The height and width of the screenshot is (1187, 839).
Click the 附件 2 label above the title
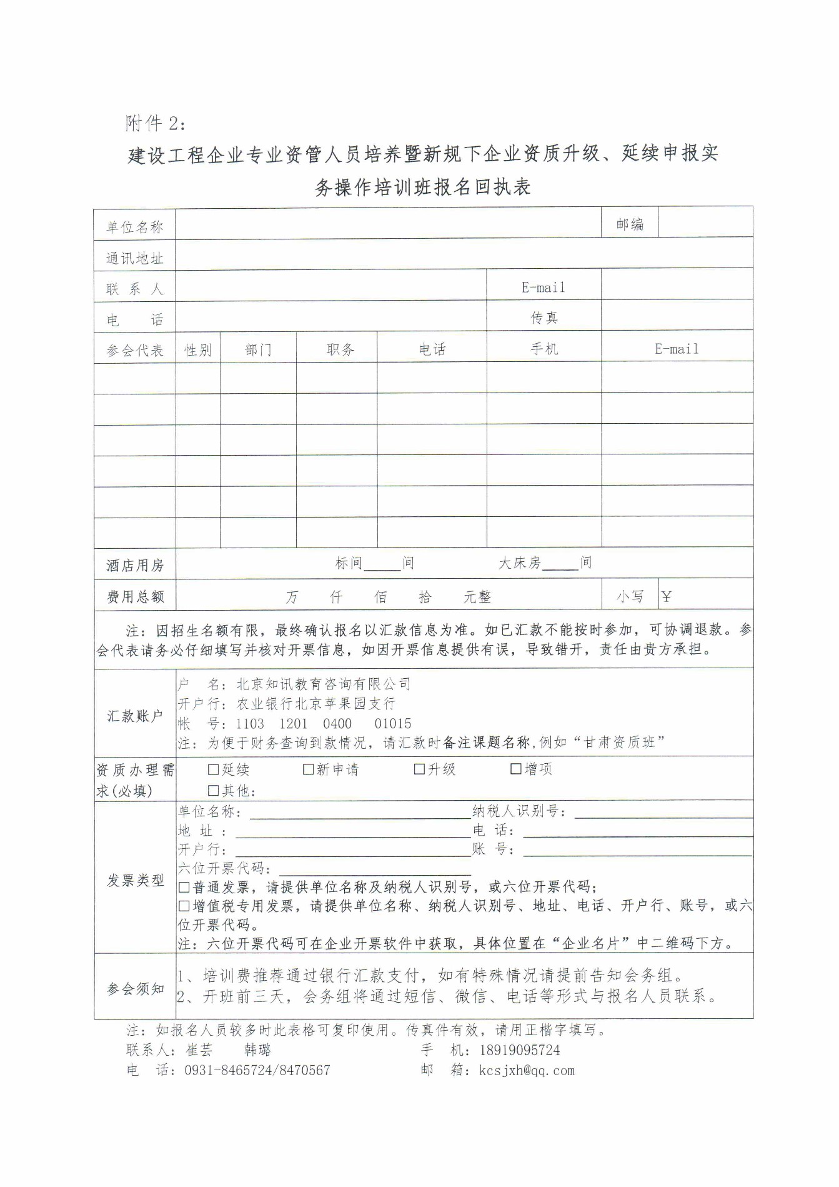155,123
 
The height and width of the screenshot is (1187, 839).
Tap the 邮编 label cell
629,224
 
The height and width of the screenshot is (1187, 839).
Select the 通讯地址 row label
134,258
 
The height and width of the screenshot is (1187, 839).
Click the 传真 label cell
544,318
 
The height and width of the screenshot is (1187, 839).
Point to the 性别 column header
197,350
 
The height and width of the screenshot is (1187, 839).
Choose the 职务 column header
340,349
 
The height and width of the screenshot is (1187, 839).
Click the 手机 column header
544,349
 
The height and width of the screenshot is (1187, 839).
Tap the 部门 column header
258,350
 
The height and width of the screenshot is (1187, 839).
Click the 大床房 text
519,563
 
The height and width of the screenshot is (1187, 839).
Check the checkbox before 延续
214,769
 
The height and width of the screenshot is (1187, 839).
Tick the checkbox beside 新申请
308,769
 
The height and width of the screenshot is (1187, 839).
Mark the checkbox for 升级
419,769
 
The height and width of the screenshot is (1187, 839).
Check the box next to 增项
516,769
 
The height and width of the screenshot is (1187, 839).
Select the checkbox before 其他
214,791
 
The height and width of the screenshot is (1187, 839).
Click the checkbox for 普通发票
184,887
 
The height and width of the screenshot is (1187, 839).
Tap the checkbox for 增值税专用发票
184,906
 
